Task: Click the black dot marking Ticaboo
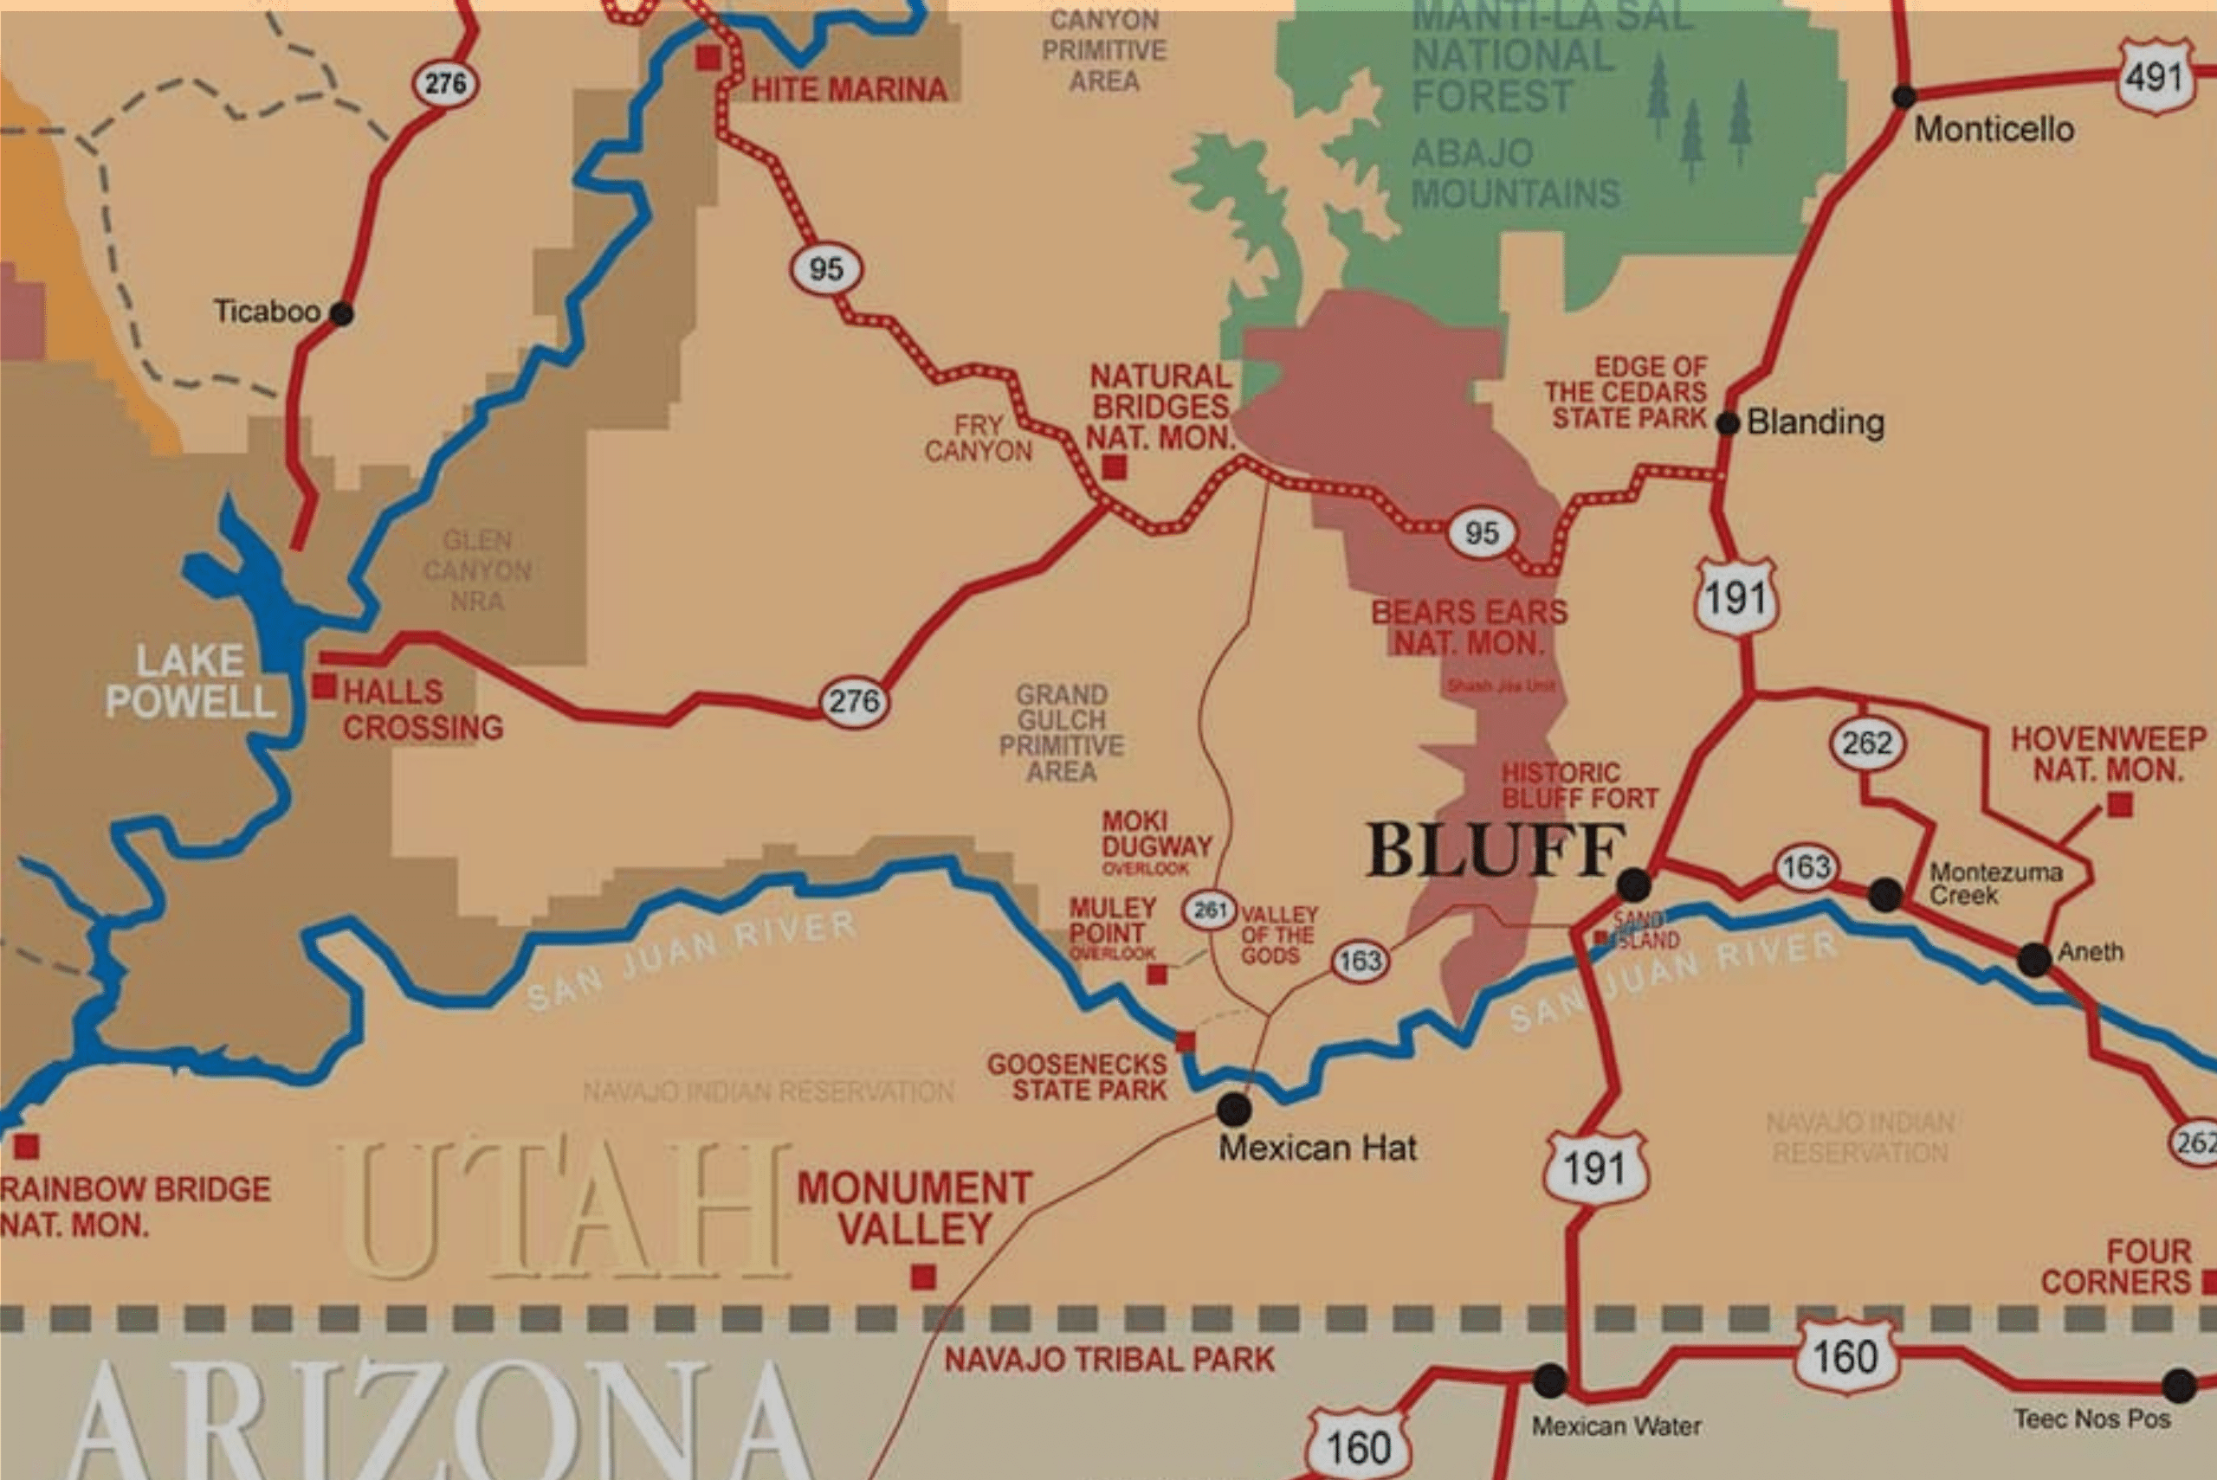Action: coord(342,313)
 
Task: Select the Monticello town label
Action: coord(1994,129)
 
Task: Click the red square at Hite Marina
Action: coord(708,58)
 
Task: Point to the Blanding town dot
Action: coord(1727,424)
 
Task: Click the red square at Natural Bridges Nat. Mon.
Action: coord(1115,467)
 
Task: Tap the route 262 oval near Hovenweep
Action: coord(1867,743)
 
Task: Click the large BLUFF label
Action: coord(1496,851)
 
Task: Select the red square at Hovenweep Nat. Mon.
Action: coord(2120,804)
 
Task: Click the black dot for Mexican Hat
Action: coord(1233,1109)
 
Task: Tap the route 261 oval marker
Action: coord(1210,910)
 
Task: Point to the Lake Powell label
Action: coord(191,681)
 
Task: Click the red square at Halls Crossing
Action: coord(324,686)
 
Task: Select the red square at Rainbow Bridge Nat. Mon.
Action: coord(27,1147)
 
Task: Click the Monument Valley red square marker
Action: coord(922,1277)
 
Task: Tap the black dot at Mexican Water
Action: coord(1549,1380)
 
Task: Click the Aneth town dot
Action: coord(2033,960)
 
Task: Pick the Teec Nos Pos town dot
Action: coord(2178,1386)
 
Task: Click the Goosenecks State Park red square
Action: coord(1185,1042)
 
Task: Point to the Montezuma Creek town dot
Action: coord(1884,894)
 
